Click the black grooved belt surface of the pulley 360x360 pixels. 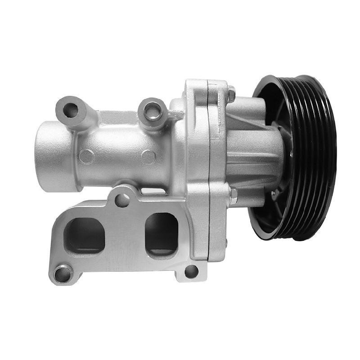coord(315,157)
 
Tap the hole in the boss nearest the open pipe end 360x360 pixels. coord(70,109)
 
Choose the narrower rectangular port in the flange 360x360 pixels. coord(161,233)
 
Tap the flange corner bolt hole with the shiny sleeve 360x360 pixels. coord(62,273)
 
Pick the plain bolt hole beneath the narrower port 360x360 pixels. coord(191,271)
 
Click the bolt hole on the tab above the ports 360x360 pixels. coord(122,199)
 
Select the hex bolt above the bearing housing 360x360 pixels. coord(231,95)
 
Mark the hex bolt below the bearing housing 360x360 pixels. coord(233,195)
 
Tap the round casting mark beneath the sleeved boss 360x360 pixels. coord(148,157)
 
